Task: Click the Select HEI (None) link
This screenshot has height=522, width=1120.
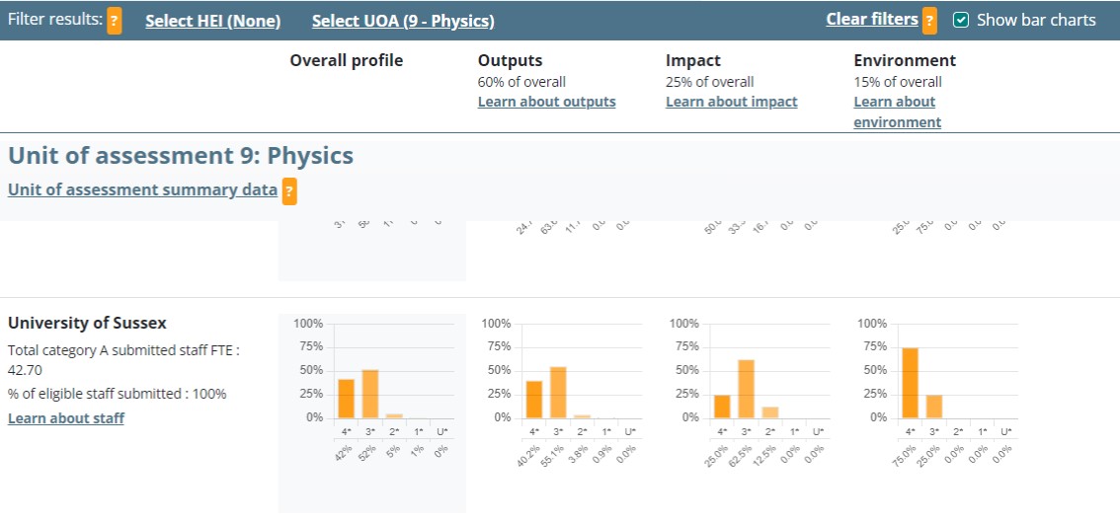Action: [x=212, y=21]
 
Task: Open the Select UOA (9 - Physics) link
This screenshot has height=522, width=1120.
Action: [x=403, y=21]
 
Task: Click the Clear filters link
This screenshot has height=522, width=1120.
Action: [x=872, y=20]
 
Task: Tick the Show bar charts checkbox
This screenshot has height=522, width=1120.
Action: [x=960, y=20]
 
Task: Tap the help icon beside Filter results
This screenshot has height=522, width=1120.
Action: [x=115, y=20]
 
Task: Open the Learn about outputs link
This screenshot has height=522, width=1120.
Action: [x=546, y=102]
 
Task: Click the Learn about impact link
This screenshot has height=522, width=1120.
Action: [x=731, y=102]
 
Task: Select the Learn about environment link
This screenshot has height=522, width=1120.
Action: [x=897, y=112]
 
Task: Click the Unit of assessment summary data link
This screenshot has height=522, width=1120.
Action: [x=142, y=189]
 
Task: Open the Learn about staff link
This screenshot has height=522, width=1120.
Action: [x=66, y=418]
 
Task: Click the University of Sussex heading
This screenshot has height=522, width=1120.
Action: [x=87, y=323]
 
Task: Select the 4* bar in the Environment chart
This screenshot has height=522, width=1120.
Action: [x=910, y=383]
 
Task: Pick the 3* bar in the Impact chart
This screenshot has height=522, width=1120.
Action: [x=746, y=389]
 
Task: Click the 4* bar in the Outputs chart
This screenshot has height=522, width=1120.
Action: [x=534, y=399]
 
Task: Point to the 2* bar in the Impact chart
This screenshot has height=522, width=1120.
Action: [x=770, y=411]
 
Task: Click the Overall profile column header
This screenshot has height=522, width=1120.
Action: [x=347, y=61]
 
